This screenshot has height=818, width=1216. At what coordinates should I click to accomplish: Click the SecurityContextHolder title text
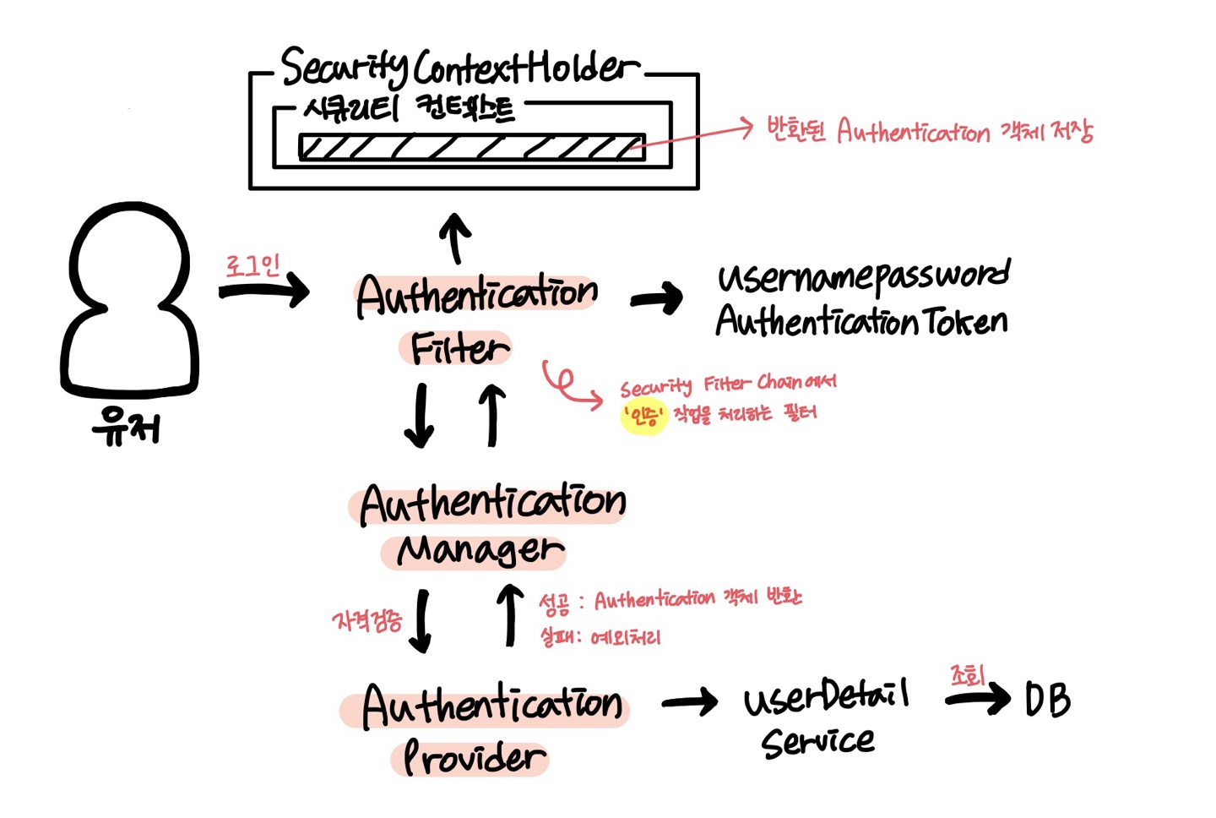point(460,68)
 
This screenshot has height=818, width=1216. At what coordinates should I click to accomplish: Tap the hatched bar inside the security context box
point(471,147)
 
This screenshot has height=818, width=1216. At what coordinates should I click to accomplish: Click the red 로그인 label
point(252,266)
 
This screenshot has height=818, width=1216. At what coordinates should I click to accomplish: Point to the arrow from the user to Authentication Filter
point(263,292)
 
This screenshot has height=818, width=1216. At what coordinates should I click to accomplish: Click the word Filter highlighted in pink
point(458,348)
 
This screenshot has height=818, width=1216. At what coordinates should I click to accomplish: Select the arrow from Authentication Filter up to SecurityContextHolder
point(456,237)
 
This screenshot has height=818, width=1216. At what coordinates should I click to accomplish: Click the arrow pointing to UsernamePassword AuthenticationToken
point(657,298)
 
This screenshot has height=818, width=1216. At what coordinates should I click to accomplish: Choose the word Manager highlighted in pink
point(479,550)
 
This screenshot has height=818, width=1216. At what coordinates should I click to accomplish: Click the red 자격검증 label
point(367,622)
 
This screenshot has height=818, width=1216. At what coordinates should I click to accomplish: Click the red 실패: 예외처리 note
point(600,637)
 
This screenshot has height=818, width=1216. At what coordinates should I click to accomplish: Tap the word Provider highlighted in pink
point(473,758)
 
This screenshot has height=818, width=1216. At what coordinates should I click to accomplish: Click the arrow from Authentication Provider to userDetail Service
point(689,702)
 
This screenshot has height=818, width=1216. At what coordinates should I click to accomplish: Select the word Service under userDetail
point(817,742)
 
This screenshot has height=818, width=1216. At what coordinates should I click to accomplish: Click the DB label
point(1047,700)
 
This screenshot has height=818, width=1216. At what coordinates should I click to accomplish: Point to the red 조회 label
point(968,676)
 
